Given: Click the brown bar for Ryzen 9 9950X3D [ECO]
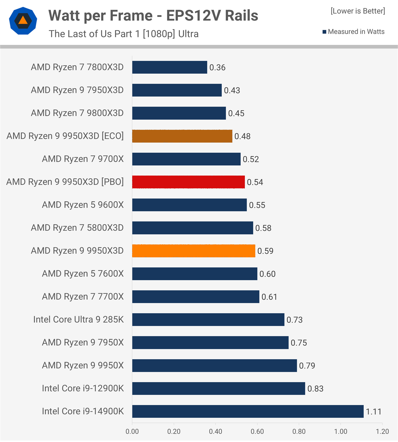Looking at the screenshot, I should click(182, 136).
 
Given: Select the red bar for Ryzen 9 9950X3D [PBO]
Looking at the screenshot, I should click(188, 182).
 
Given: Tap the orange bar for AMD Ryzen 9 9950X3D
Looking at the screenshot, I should click(193, 251).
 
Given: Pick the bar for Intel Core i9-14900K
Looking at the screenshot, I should click(248, 411).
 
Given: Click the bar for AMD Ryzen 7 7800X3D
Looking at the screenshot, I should click(170, 67).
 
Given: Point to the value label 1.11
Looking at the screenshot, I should click(373, 412).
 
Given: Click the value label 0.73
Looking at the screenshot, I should click(294, 320).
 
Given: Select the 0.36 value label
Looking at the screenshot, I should click(217, 68).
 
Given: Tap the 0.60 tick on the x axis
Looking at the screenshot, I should click(257, 431).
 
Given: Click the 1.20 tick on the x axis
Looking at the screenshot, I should click(382, 431).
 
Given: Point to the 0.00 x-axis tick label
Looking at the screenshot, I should click(132, 431).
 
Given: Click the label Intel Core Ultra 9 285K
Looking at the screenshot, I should click(78, 320).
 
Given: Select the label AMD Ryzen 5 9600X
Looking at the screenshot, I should click(83, 205).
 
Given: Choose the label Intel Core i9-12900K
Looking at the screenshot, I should click(83, 388).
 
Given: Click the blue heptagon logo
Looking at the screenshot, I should click(23, 21).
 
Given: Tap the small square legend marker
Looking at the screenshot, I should click(324, 32).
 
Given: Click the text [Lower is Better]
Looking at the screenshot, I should click(358, 11).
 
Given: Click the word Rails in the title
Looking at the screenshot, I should click(241, 16).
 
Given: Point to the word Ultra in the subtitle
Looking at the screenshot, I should click(188, 34).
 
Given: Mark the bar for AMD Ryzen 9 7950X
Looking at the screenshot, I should click(210, 343).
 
